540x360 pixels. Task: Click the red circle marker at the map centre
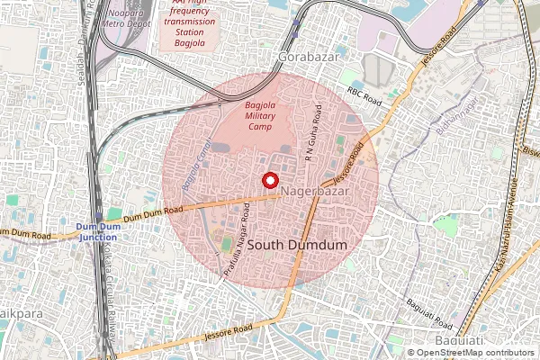coord(269,180)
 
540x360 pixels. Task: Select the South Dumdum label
coord(296,244)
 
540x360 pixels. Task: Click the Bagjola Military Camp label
coord(265,114)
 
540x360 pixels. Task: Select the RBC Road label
coord(365,93)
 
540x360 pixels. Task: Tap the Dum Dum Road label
coord(154,213)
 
